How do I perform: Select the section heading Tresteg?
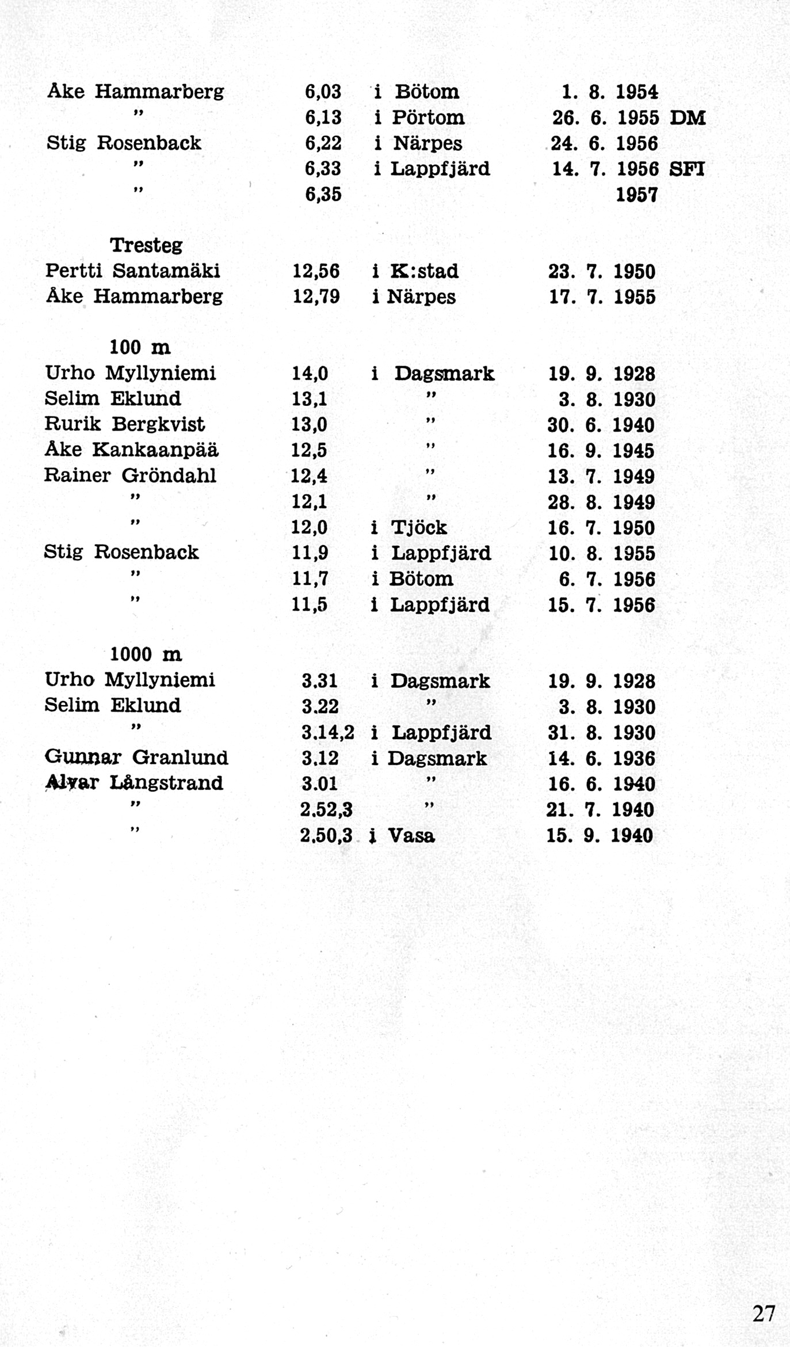point(146,245)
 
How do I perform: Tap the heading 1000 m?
point(146,655)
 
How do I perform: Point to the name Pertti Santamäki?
point(132,271)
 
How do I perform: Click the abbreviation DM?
point(688,118)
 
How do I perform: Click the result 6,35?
point(323,195)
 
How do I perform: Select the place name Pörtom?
point(428,118)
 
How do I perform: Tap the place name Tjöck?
point(418,527)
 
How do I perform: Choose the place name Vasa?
point(411,835)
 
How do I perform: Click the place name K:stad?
point(423,271)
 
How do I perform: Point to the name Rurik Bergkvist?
point(125,424)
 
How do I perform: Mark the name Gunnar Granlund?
point(136,757)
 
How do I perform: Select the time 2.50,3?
point(326,835)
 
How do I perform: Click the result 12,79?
point(316,297)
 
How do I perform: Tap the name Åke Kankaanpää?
point(132,450)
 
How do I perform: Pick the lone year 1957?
point(636,195)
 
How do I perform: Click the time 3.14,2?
point(327,732)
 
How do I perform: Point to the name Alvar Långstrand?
point(134,783)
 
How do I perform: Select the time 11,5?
point(310,604)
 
